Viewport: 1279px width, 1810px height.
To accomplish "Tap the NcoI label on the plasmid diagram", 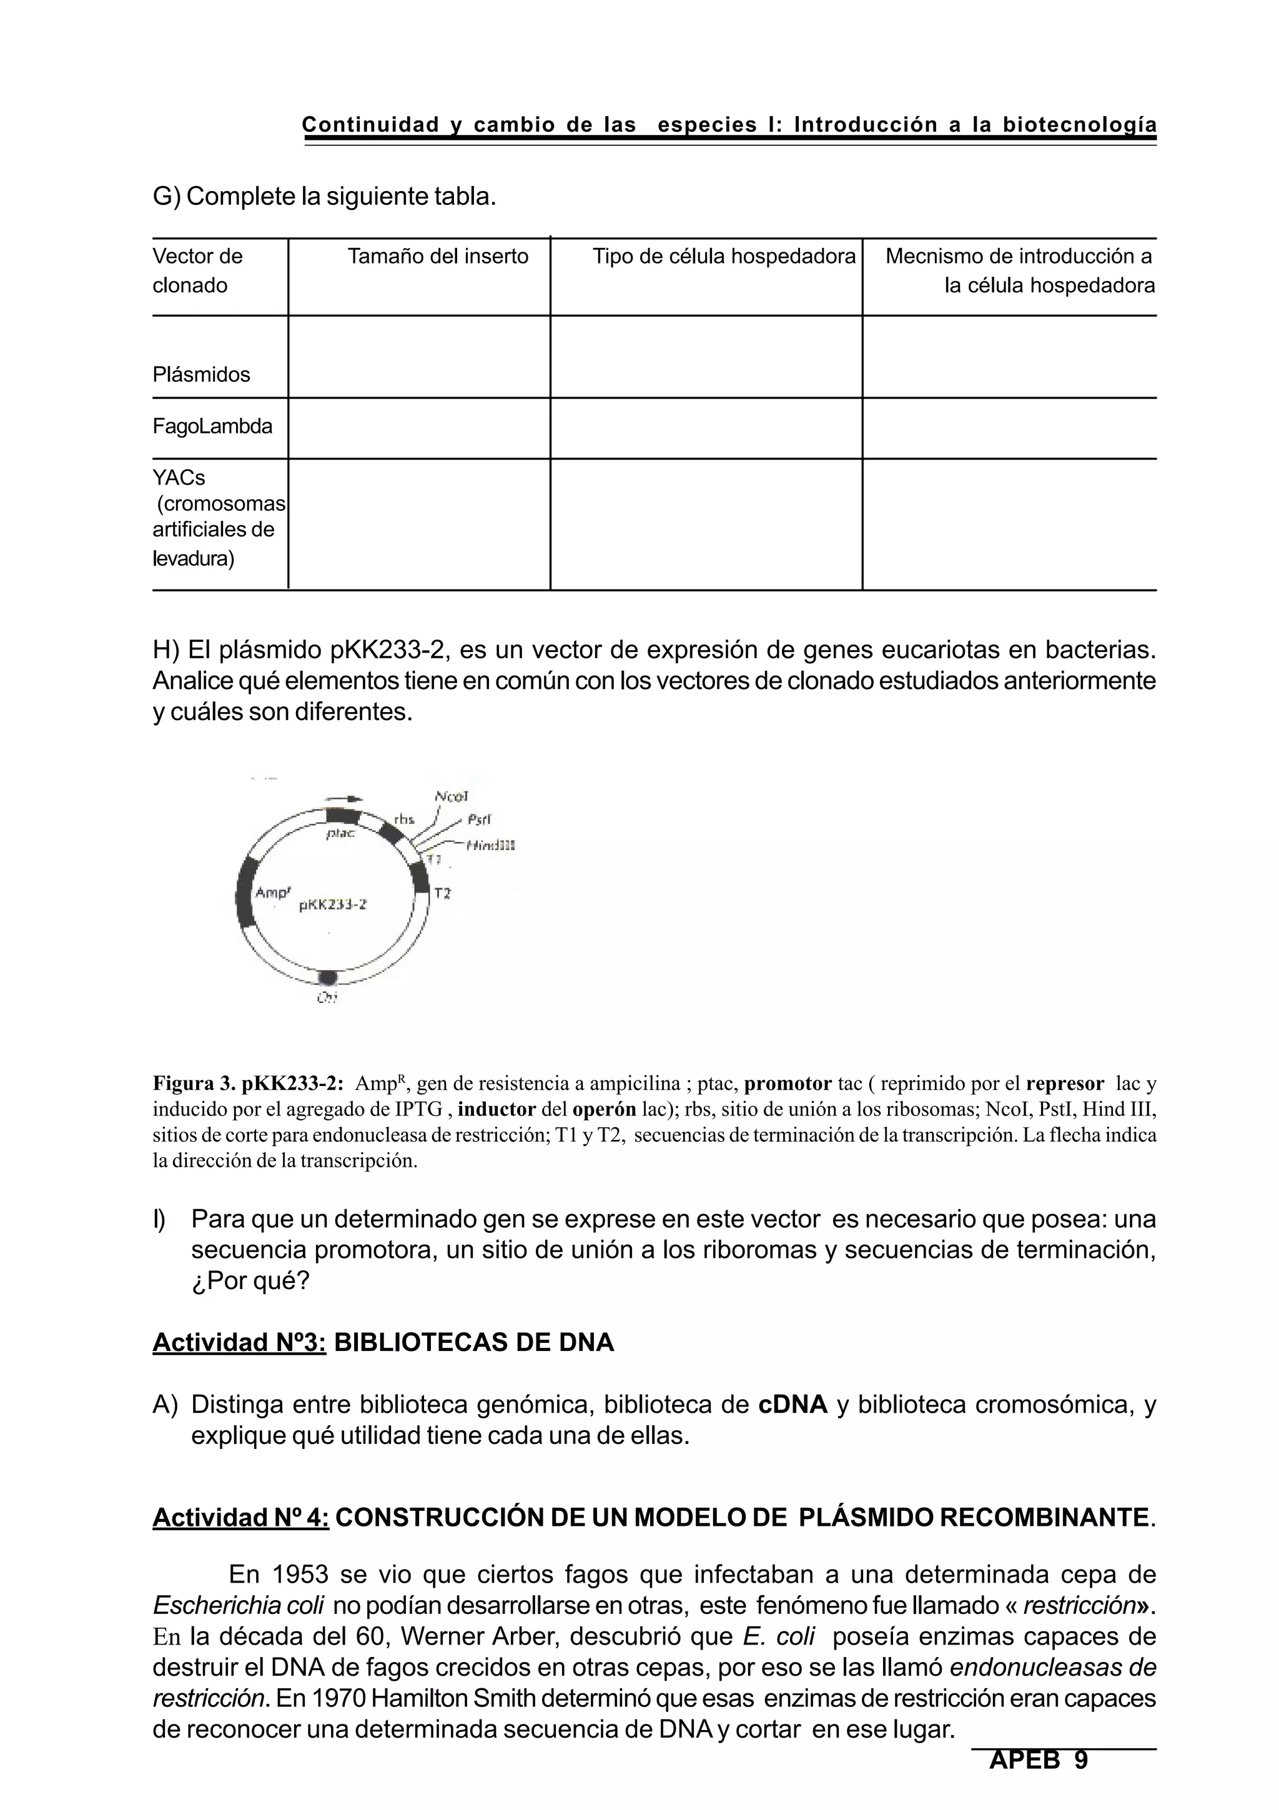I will click(x=452, y=796).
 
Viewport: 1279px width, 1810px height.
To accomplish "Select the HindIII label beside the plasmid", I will click(x=490, y=845).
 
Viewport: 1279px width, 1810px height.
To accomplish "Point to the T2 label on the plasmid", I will click(x=443, y=893).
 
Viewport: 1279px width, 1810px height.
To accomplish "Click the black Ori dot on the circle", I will click(x=328, y=977).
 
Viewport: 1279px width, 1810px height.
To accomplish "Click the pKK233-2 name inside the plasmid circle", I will click(x=333, y=905).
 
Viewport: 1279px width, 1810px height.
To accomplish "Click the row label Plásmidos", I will click(x=201, y=375).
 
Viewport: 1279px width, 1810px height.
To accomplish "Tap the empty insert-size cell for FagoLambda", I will click(x=418, y=428).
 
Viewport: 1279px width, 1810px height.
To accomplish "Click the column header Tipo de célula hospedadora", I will click(x=723, y=256).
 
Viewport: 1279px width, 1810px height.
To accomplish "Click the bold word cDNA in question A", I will click(x=792, y=1405).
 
